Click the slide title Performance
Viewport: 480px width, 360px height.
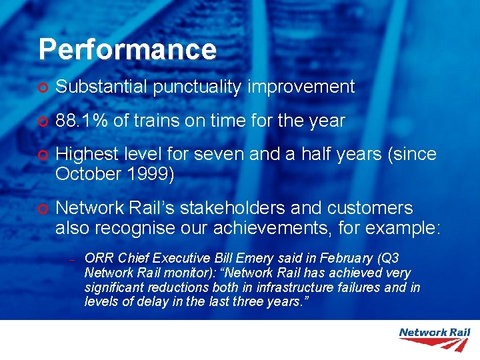point(127,50)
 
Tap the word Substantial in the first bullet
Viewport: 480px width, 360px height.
point(103,87)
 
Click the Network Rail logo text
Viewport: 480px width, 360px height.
point(433,332)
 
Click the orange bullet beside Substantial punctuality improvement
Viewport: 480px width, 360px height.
point(43,87)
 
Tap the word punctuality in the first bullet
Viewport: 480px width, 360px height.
point(197,87)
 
